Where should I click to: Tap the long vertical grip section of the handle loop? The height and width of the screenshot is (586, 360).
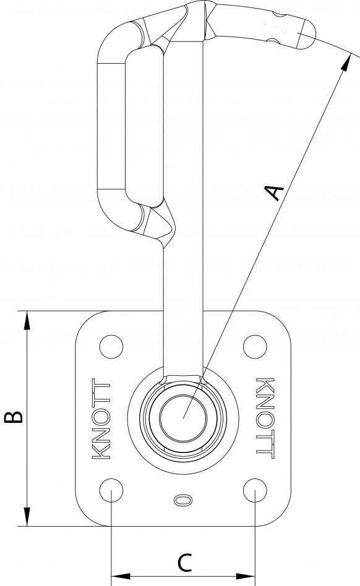111,124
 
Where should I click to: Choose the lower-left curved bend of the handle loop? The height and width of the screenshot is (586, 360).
118,213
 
